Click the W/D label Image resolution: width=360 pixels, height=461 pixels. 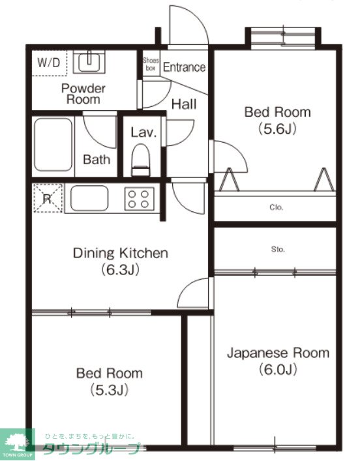point(49,63)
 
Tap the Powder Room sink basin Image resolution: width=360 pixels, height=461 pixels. point(89,62)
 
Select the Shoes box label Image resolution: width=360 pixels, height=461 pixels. point(151,64)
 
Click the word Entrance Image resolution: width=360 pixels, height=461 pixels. point(184,67)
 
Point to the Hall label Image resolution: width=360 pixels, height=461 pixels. point(184,104)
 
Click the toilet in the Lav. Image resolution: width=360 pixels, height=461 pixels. point(141,160)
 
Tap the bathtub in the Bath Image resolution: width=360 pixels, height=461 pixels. point(53,145)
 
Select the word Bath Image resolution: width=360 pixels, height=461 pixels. point(97,159)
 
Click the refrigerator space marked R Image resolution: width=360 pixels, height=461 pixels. point(48,198)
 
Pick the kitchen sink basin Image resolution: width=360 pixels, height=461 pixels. point(89,198)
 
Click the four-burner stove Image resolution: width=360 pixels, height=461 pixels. point(140,199)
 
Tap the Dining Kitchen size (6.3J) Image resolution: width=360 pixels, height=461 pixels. point(120,269)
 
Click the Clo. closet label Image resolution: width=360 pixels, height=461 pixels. point(276,207)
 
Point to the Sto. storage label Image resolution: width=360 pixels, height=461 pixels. point(278,250)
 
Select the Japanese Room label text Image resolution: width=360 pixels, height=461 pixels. point(278,353)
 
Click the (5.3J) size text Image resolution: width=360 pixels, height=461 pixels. point(110,390)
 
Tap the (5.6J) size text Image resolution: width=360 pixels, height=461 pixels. point(277,128)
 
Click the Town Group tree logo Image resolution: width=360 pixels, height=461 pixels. point(17,443)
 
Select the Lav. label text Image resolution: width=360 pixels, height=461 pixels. point(143,132)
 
